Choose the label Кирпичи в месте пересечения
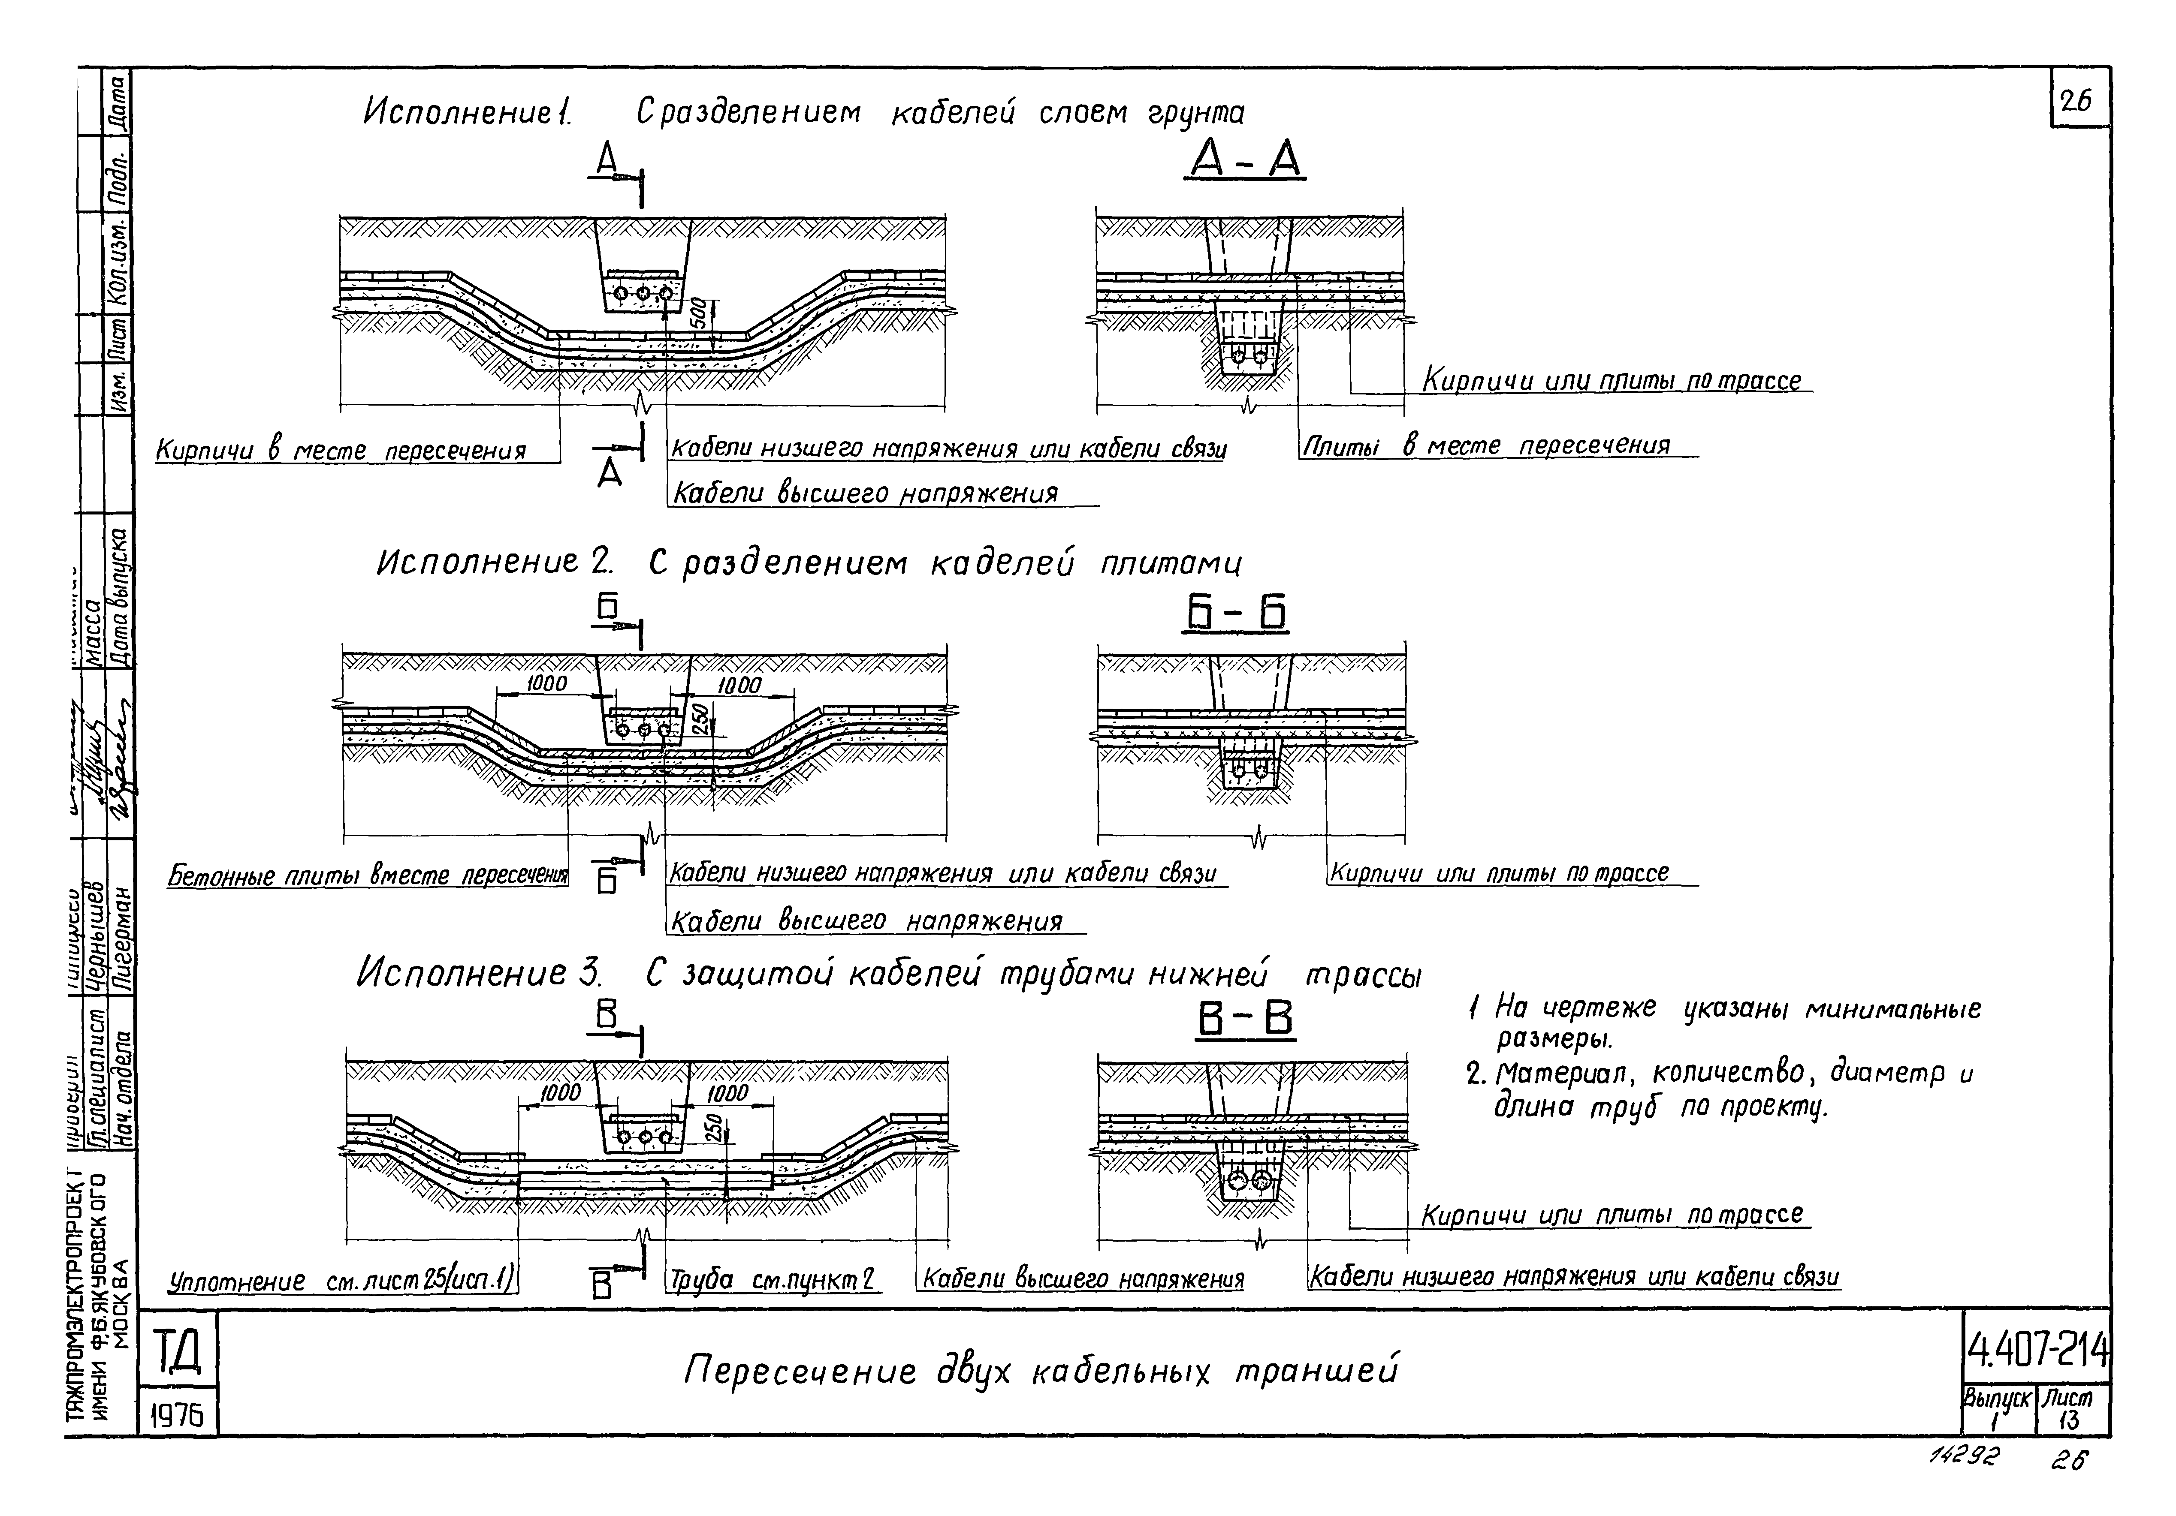click(341, 450)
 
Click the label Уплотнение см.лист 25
click(341, 1282)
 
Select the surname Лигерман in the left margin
click(122, 934)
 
